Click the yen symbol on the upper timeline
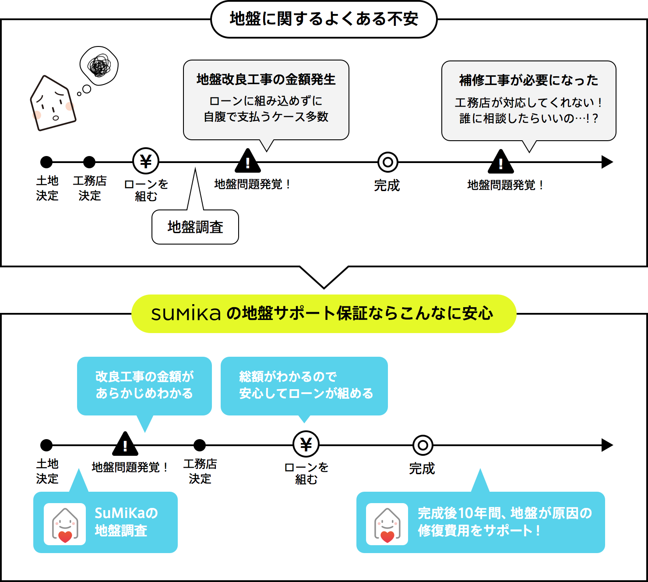[146, 161]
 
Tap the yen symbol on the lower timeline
[306, 444]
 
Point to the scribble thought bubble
[99, 66]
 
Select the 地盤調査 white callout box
[195, 227]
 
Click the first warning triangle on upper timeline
[248, 162]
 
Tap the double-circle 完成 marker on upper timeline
[388, 162]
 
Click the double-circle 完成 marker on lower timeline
[423, 445]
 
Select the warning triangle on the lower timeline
[125, 445]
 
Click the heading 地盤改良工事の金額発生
[266, 79]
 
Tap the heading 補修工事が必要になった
[528, 80]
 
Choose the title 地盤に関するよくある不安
[324, 19]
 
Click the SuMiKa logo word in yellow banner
[186, 313]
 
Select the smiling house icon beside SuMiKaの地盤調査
[65, 524]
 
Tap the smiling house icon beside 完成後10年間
[387, 524]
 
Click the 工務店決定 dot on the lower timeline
[200, 445]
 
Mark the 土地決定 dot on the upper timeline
[46, 162]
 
